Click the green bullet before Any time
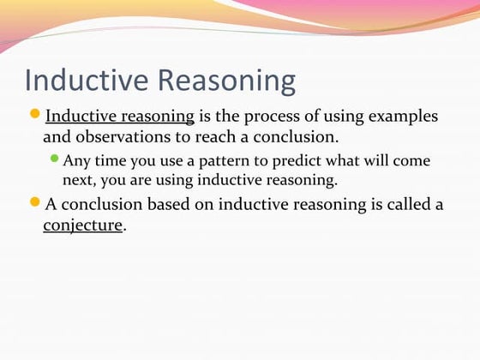coord(55,159)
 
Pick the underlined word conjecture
coord(83,226)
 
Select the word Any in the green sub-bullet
coord(75,161)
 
